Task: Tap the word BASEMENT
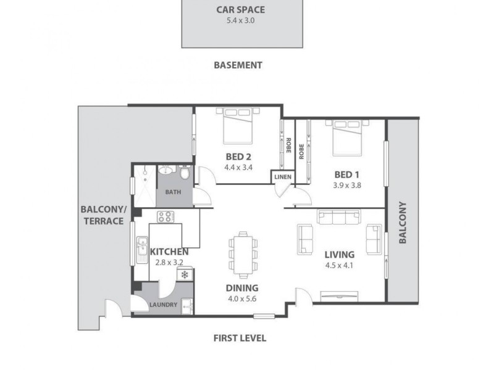[x=238, y=65]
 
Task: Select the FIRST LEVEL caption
[x=240, y=338]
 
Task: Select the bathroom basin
[x=165, y=171]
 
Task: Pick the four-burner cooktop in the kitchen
[x=165, y=216]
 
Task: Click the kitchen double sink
[x=141, y=247]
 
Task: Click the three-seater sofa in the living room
[x=339, y=216]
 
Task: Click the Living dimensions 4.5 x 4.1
[x=338, y=266]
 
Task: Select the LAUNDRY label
[x=163, y=305]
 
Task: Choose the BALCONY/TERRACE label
[x=103, y=214]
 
